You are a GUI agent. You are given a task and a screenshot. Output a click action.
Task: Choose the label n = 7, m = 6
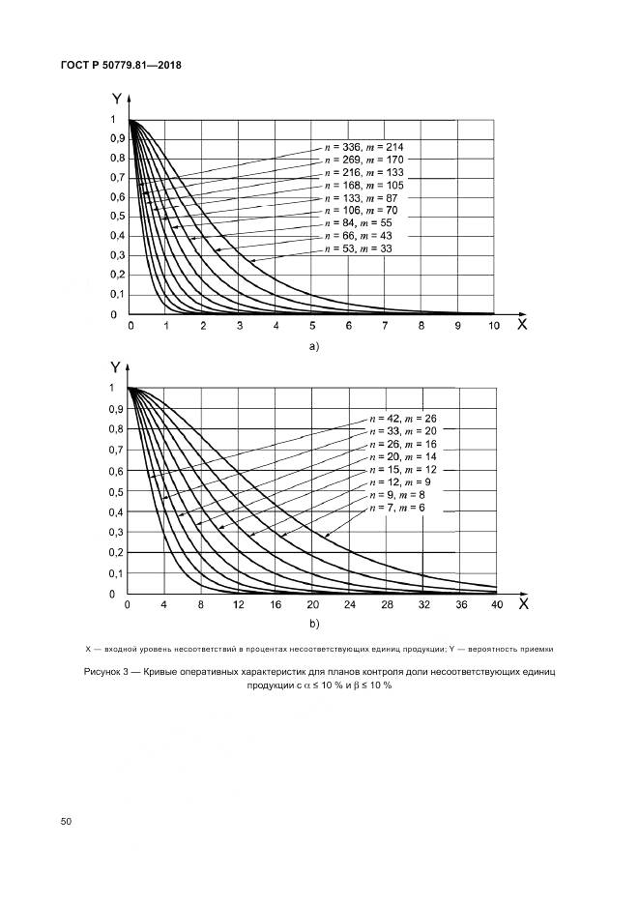(x=395, y=508)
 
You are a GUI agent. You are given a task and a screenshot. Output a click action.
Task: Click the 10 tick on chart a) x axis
(x=494, y=327)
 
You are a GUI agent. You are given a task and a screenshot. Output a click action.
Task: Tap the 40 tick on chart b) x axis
(x=497, y=605)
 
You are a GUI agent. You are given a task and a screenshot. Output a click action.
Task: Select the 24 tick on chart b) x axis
(x=349, y=605)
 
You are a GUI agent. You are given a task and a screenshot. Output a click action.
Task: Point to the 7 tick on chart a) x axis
(x=385, y=327)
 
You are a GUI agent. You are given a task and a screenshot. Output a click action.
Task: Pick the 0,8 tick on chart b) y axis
(x=115, y=429)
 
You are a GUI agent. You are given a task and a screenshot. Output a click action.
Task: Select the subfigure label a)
(x=312, y=345)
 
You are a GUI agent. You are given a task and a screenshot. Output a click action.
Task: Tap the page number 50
(x=67, y=821)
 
